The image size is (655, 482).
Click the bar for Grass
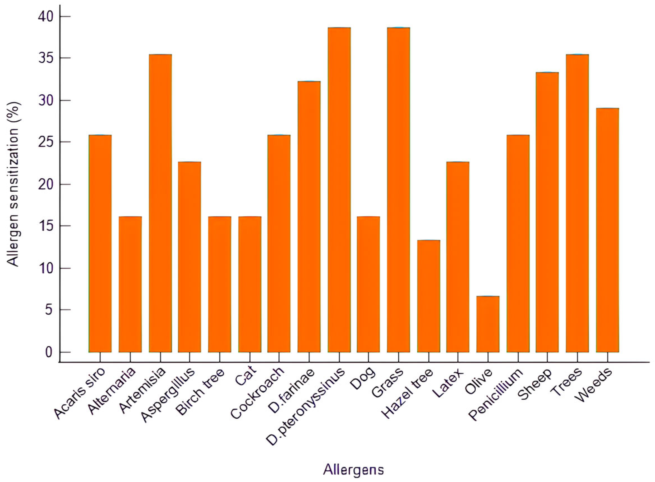point(398,190)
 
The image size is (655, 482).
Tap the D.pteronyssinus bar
point(339,190)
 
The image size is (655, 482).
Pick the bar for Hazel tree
point(428,296)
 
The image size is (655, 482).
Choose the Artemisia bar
point(160,203)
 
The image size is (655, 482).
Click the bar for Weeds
point(607,230)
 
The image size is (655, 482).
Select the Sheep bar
point(547,212)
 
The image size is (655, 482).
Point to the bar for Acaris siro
point(100,243)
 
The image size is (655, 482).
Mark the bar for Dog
point(368,284)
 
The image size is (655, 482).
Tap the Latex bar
point(458,257)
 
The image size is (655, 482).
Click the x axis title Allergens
point(353,470)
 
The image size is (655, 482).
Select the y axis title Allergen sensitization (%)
point(13,184)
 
